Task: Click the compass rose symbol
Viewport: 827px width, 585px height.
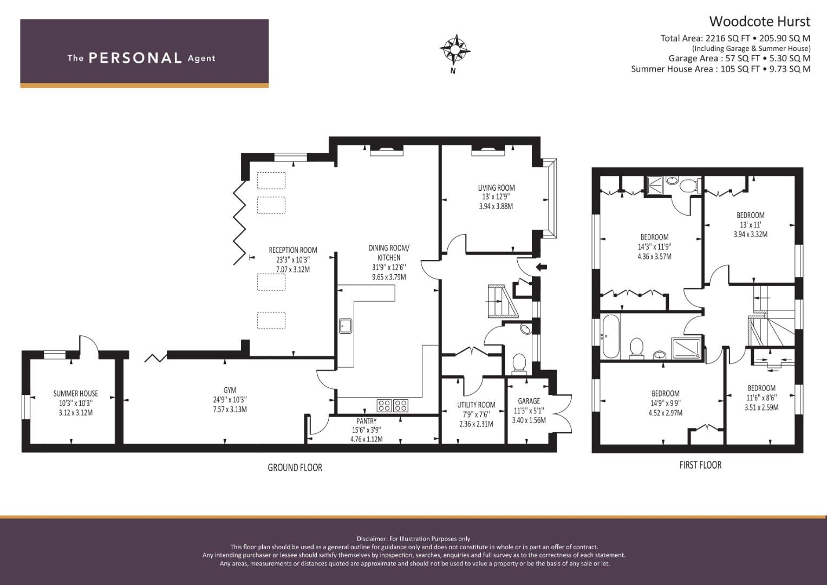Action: pos(454,49)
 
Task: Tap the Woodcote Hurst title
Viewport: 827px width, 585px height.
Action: pos(759,21)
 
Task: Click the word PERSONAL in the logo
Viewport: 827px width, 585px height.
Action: pos(135,58)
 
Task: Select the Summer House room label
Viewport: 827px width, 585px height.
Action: pos(75,393)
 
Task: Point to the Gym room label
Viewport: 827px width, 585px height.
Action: pos(230,390)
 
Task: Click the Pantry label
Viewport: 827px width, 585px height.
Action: pos(366,421)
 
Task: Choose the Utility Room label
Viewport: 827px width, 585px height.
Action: pos(476,405)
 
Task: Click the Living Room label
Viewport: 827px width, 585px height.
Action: pos(496,188)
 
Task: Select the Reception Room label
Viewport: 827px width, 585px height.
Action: pos(292,250)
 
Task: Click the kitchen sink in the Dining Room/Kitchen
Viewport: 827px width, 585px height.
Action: pos(346,326)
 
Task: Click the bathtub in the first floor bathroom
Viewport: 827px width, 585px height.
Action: pos(609,336)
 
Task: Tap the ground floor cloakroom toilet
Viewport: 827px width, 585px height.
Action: pos(519,363)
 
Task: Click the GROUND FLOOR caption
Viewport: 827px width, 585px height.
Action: pos(295,467)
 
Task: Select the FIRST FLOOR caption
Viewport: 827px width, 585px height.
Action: pos(700,465)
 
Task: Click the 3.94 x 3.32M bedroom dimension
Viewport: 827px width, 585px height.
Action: pos(750,235)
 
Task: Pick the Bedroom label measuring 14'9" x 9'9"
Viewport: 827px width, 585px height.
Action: pos(665,393)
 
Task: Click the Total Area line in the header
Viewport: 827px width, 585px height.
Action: pos(735,38)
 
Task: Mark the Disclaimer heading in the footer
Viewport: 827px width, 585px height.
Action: pos(413,538)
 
